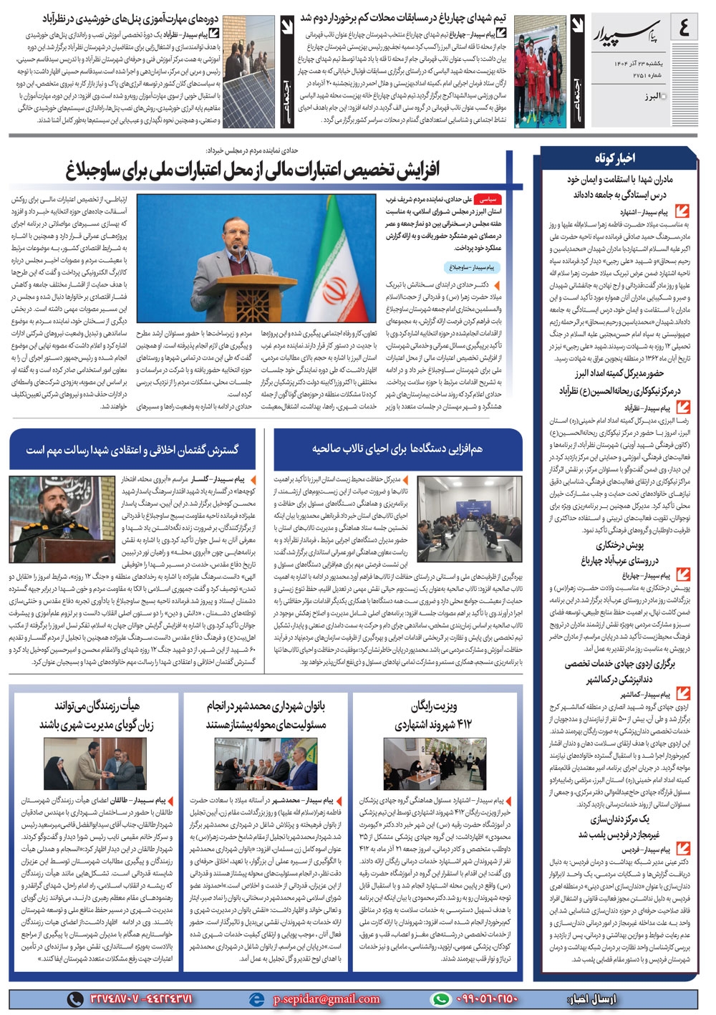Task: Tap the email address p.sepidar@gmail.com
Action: (x=326, y=999)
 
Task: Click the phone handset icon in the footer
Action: (x=74, y=999)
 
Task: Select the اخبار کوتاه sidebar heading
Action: (x=614, y=158)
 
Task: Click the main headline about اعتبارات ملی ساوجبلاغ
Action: (x=253, y=170)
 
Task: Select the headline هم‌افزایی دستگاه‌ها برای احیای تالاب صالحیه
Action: (x=397, y=449)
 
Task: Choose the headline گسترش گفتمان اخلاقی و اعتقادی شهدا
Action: (x=132, y=450)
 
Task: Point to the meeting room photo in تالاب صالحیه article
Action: (x=470, y=509)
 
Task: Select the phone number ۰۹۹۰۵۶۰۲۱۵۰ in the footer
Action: (x=486, y=999)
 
